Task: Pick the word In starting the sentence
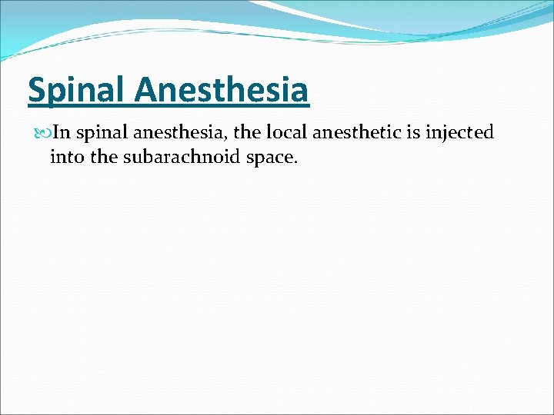coord(63,133)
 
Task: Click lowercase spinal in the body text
coord(102,134)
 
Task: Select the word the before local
coord(247,133)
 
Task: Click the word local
coord(285,133)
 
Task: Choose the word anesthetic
coord(353,133)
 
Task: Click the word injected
coord(460,134)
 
